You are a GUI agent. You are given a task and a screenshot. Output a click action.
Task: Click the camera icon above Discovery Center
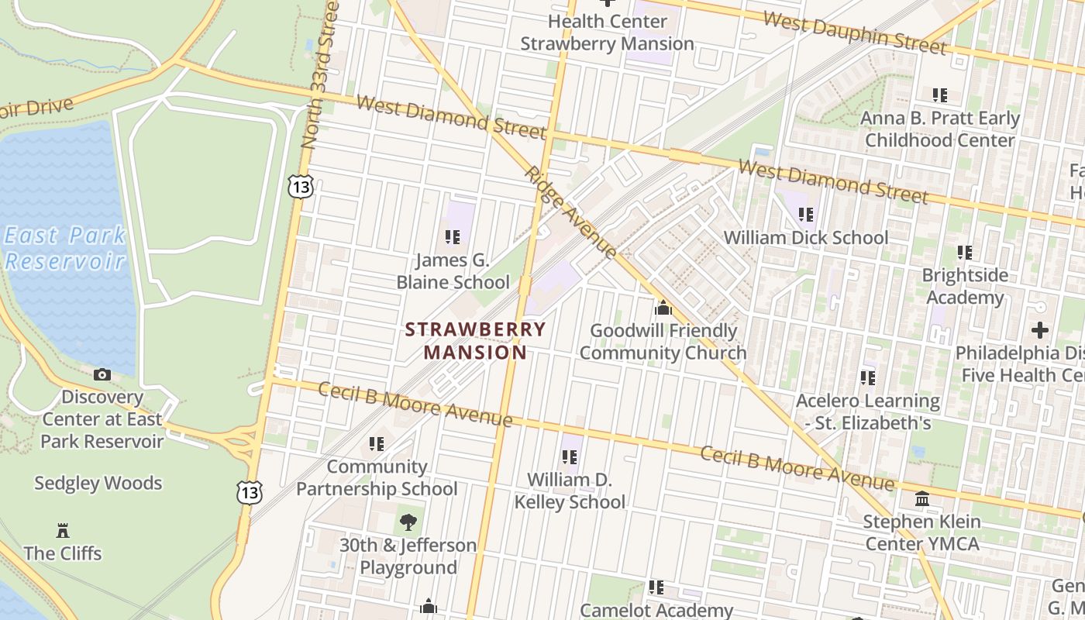point(102,375)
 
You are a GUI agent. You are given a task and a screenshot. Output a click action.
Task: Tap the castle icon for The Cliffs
point(63,531)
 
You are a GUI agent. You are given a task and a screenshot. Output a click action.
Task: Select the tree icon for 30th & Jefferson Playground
point(408,522)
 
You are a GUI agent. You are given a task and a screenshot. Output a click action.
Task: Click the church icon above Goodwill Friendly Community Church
point(663,308)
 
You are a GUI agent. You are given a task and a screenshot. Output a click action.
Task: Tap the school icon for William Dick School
point(806,215)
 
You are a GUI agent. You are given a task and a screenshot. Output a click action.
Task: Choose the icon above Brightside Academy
point(965,253)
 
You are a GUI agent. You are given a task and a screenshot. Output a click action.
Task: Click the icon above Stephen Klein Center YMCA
point(922,499)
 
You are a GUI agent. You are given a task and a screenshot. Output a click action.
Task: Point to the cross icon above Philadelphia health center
point(1040,330)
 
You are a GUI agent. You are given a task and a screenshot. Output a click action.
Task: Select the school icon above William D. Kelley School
point(570,457)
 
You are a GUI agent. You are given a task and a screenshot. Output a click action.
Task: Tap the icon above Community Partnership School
point(377,444)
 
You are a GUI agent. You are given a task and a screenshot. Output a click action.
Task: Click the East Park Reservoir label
point(65,248)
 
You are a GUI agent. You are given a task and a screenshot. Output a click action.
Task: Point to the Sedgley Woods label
point(98,484)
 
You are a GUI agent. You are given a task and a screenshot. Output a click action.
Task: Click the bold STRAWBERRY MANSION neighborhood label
point(475,341)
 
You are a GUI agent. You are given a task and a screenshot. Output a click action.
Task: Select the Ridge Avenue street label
point(571,212)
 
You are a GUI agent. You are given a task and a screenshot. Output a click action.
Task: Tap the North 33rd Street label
point(319,75)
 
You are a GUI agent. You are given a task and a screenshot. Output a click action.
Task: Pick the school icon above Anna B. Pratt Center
point(940,95)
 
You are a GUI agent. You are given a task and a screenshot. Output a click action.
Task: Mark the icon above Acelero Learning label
point(868,378)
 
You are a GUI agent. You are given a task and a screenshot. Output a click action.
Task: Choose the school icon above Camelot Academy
point(656,588)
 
